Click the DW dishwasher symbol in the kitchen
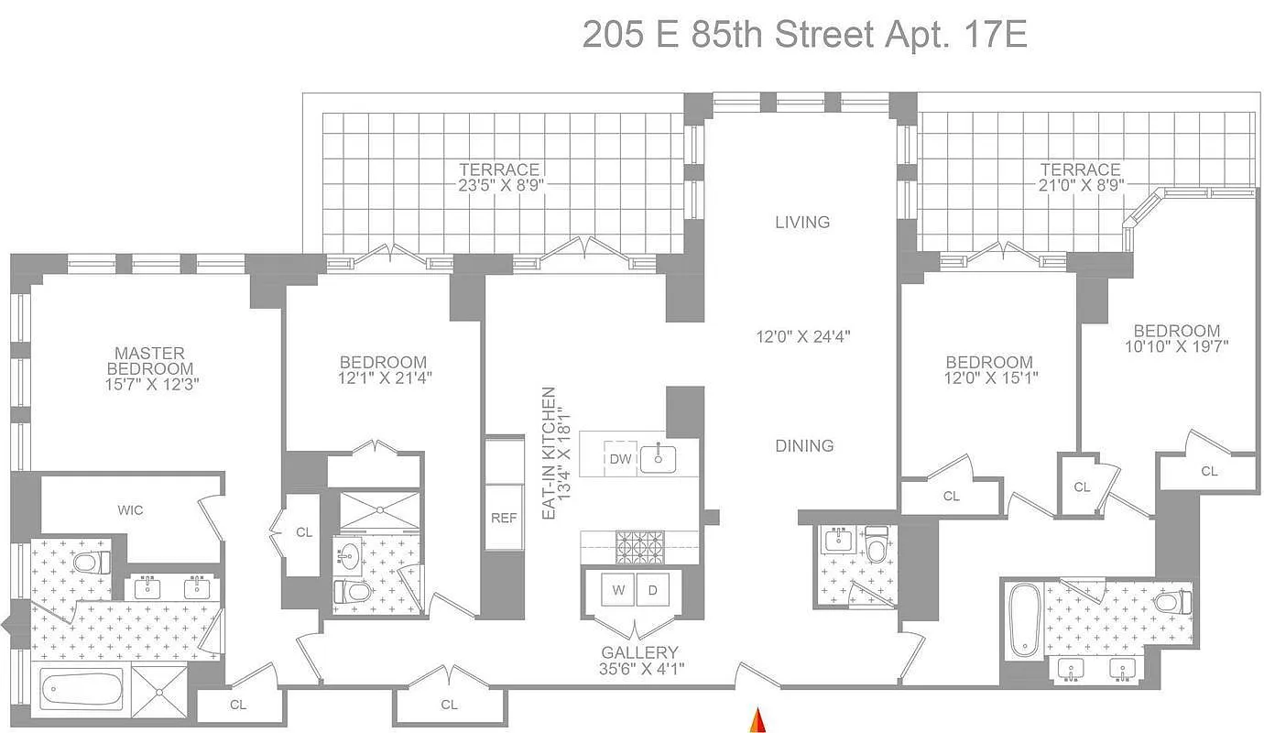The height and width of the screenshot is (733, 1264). pyautogui.click(x=621, y=459)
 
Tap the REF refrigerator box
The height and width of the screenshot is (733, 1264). pyautogui.click(x=504, y=518)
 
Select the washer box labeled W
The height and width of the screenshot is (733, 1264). pyautogui.click(x=618, y=590)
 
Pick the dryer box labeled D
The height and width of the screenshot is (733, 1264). pyautogui.click(x=653, y=590)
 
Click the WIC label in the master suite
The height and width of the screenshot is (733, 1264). pyautogui.click(x=130, y=510)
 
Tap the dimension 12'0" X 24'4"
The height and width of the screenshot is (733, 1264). pyautogui.click(x=802, y=336)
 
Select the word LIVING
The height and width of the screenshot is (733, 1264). pyautogui.click(x=802, y=222)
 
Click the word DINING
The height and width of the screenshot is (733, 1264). pyautogui.click(x=804, y=446)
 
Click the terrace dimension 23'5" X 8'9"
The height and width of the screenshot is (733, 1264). pyautogui.click(x=499, y=184)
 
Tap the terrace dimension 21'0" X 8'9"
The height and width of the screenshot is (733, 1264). pyautogui.click(x=1080, y=184)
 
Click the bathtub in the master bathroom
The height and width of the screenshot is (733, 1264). pyautogui.click(x=82, y=689)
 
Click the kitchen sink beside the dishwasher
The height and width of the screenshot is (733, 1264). pyautogui.click(x=659, y=457)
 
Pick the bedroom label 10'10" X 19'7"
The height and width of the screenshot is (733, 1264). pyautogui.click(x=1176, y=346)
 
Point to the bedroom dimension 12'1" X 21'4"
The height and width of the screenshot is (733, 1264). pyautogui.click(x=383, y=377)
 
